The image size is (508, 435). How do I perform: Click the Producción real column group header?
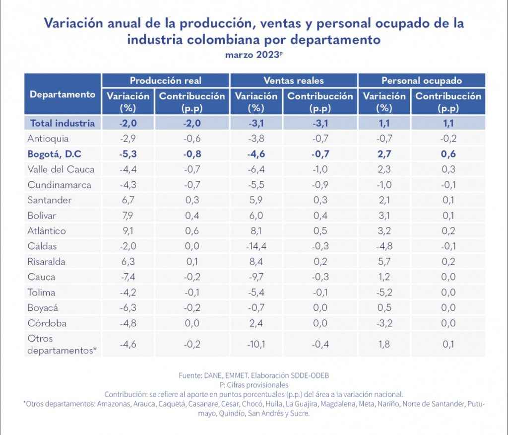(x=166, y=80)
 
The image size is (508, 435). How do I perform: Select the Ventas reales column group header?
(x=294, y=80)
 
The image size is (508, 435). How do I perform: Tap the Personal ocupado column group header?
(x=422, y=80)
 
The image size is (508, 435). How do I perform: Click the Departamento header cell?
(x=63, y=94)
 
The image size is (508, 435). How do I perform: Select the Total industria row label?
(x=63, y=123)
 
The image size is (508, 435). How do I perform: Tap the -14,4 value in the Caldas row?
(x=256, y=246)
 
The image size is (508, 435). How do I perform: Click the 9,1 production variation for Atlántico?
(x=128, y=231)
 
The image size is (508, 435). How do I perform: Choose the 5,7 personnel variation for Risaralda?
(x=384, y=262)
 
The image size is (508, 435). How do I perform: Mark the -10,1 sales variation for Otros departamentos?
(x=256, y=345)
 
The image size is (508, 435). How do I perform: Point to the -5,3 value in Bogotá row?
(x=128, y=154)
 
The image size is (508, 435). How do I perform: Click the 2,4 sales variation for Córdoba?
(x=256, y=323)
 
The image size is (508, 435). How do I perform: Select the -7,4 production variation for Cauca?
(x=128, y=277)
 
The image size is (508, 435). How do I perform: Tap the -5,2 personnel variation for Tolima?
(x=384, y=292)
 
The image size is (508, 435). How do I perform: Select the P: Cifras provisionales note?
(x=254, y=384)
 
